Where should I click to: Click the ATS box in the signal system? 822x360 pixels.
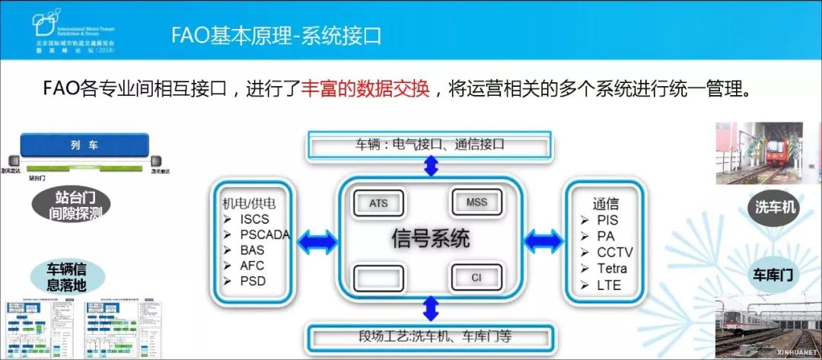[x=378, y=203]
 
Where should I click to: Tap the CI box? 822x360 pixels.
[x=476, y=277]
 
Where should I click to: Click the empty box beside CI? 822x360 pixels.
[x=378, y=278]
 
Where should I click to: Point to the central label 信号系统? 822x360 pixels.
[x=431, y=238]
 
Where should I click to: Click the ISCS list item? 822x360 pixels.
[x=254, y=219]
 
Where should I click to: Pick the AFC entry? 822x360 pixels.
[x=253, y=266]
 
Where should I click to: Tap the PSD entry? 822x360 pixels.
[x=253, y=282]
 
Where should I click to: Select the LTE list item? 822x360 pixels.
[x=610, y=285]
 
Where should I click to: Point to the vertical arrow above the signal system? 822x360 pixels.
[x=431, y=167]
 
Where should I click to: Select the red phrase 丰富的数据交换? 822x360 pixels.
[x=368, y=88]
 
